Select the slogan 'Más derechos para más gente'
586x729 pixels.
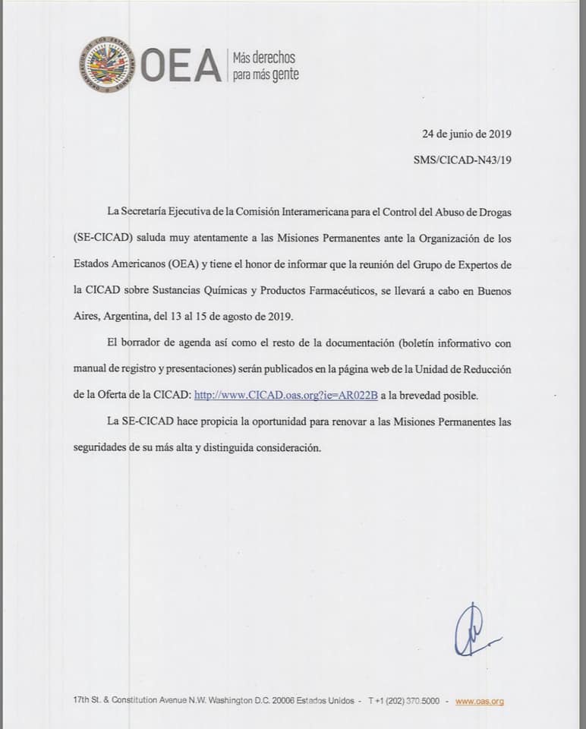tap(265, 67)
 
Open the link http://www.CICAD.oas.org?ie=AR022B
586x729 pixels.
tap(286, 396)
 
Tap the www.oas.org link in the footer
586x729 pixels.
tap(480, 702)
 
